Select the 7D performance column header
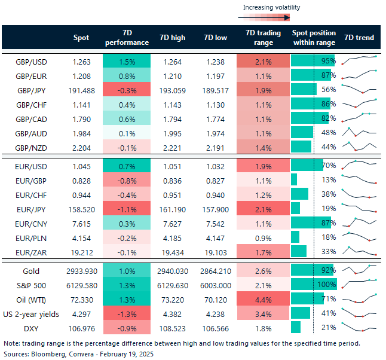pyautogui.click(x=127, y=38)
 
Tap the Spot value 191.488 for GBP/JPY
pyautogui.click(x=81, y=89)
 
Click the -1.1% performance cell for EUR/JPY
pyautogui.click(x=127, y=208)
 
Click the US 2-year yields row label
pyautogui.click(x=33, y=313)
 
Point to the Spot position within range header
pyautogui.click(x=314, y=38)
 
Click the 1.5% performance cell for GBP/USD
pyautogui.click(x=127, y=61)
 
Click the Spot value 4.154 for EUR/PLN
pyautogui.click(x=81, y=237)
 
